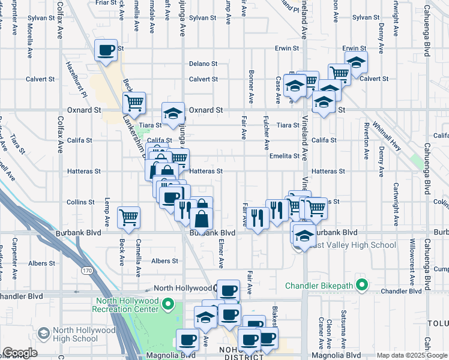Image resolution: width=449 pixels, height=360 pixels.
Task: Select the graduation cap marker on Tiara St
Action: [173, 114]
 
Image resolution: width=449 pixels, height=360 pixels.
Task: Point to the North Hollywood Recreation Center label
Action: [125, 305]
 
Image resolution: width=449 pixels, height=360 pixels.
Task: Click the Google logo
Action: [20, 353]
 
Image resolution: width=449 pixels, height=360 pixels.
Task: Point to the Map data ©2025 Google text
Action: [412, 355]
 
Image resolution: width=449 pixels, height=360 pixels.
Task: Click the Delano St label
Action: [203, 64]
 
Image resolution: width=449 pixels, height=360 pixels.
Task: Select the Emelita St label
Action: [284, 156]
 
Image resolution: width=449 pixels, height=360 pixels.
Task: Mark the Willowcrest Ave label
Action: [412, 264]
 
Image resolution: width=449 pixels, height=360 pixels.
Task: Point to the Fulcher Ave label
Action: [266, 135]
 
